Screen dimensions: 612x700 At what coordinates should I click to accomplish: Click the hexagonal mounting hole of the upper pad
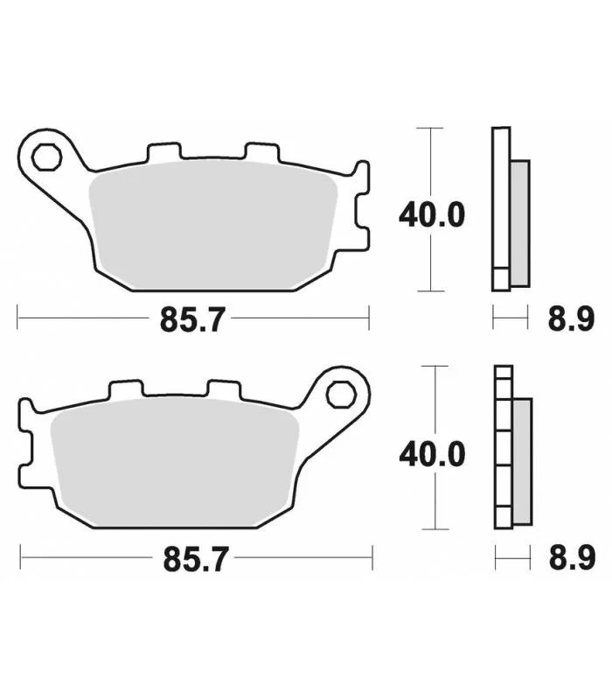pos(46,157)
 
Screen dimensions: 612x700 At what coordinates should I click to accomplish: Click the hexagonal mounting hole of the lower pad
pos(341,395)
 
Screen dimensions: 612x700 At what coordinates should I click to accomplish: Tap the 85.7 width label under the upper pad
pos(192,319)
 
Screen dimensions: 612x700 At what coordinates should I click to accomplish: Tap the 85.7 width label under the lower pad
pos(196,559)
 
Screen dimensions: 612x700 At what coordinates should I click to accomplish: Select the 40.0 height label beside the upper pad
pos(432,214)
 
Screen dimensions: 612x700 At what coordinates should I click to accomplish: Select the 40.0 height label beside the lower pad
pos(432,454)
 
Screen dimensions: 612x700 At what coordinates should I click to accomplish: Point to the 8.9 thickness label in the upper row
pos(572,319)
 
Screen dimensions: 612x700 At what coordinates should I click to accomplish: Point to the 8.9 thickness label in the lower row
pos(573,557)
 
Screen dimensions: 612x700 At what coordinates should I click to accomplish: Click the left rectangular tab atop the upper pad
pos(164,151)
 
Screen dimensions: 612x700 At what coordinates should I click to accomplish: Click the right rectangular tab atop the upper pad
pos(262,151)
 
